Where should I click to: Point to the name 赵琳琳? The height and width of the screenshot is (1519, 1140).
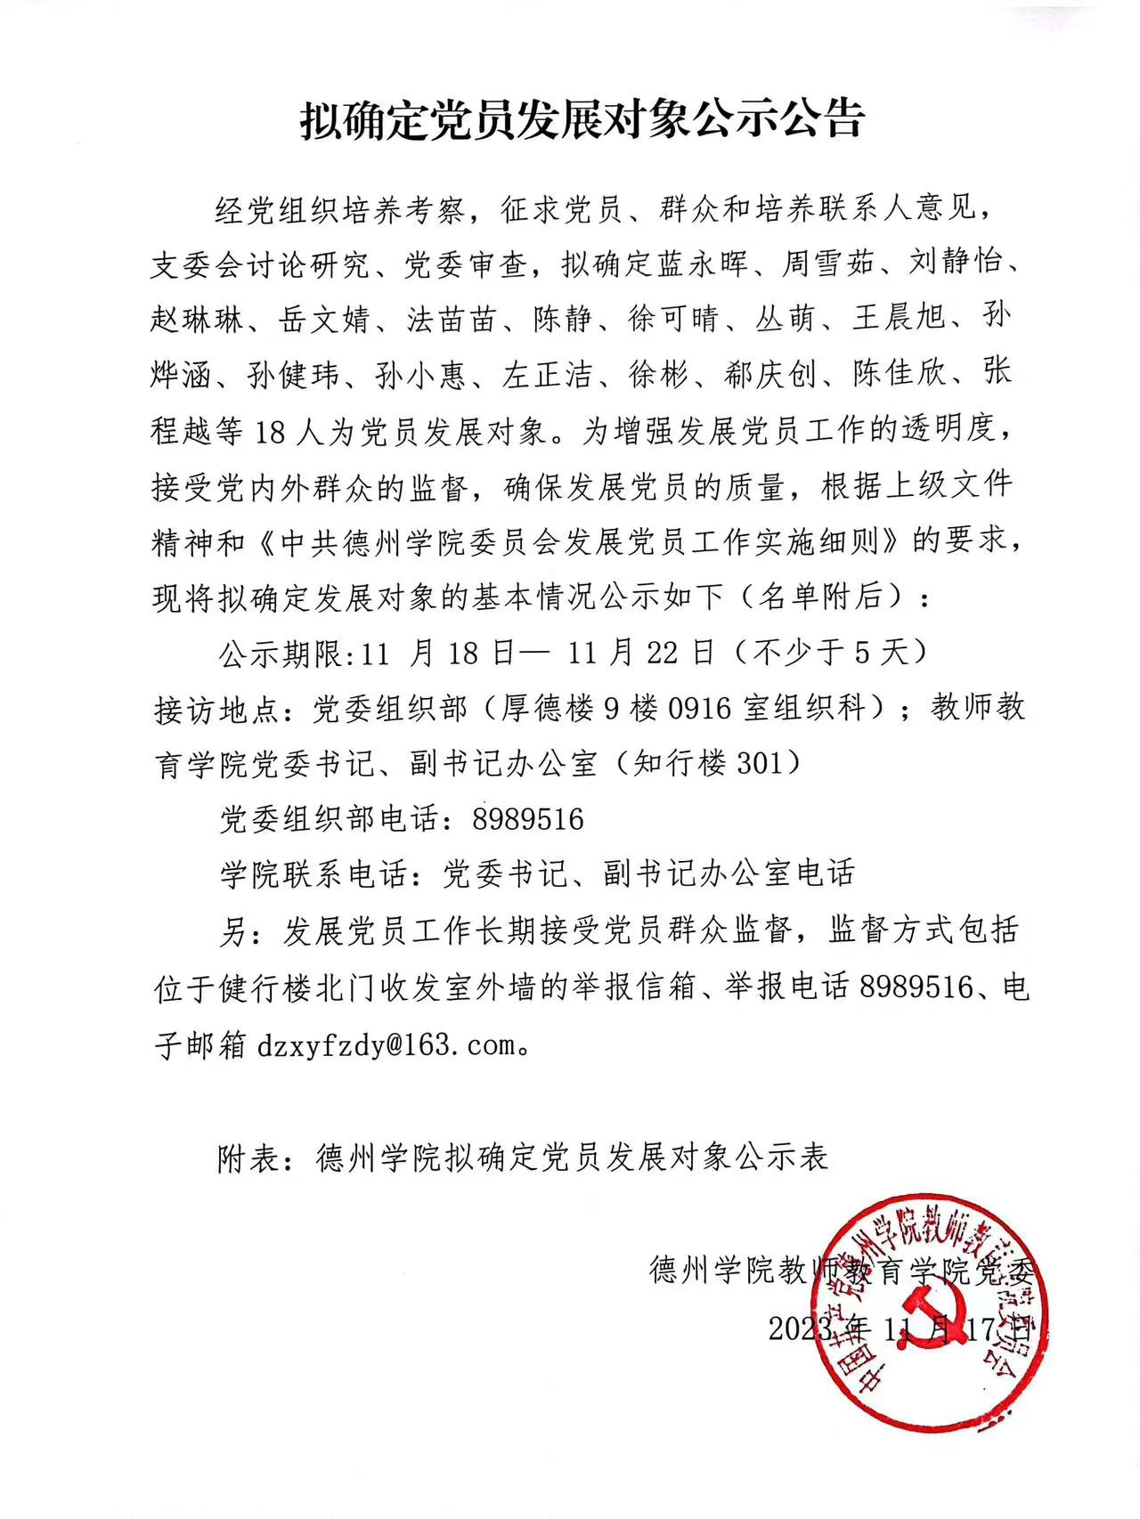(196, 319)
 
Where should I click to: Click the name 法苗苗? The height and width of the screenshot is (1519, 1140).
(451, 319)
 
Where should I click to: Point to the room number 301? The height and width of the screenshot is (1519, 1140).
(757, 763)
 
